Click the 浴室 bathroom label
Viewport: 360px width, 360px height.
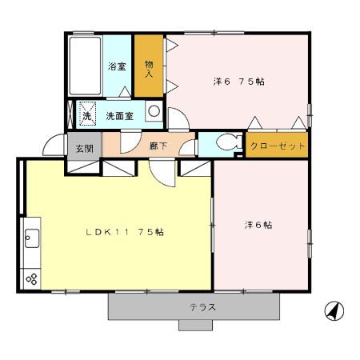(117, 68)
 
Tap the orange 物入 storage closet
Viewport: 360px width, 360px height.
(149, 68)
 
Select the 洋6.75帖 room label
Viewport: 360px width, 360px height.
(238, 82)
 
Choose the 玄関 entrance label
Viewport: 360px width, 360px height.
(84, 148)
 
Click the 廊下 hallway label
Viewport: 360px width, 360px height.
(158, 146)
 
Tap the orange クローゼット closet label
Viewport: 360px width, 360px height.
(277, 146)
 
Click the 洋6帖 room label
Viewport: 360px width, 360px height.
(258, 225)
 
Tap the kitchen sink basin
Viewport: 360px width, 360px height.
(33, 238)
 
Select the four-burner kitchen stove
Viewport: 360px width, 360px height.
(33, 278)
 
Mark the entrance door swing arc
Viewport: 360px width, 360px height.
(55, 144)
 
